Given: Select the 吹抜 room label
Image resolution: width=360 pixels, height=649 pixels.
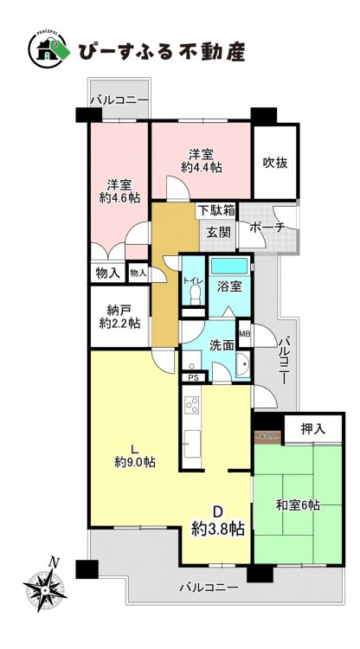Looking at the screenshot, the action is click(x=275, y=163).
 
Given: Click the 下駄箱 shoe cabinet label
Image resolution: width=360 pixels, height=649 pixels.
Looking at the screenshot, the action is click(x=215, y=209).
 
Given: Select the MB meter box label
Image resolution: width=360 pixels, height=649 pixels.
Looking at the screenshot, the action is click(x=244, y=333).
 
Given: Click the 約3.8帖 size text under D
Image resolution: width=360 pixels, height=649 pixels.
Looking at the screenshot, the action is click(x=217, y=529).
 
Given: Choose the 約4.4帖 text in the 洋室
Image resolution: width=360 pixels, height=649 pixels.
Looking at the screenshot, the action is click(x=201, y=167).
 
